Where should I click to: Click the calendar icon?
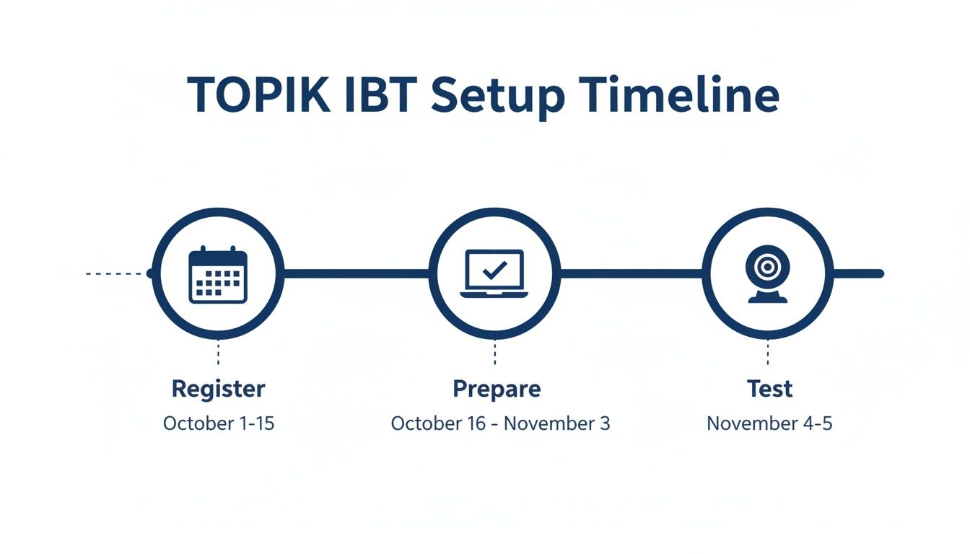coord(218,275)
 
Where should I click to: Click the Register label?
coord(218,390)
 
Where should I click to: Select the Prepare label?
coord(497,390)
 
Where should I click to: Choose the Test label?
coord(769,390)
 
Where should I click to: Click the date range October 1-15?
coord(219,423)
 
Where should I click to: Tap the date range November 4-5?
coord(769,423)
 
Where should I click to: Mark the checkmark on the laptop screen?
coord(494,271)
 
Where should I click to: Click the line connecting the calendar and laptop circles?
coord(356,273)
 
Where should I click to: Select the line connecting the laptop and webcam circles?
coord(632,273)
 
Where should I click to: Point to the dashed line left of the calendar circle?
coord(115,274)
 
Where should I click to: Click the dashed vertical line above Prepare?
coord(495,353)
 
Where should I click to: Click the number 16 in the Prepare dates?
coord(476,423)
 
